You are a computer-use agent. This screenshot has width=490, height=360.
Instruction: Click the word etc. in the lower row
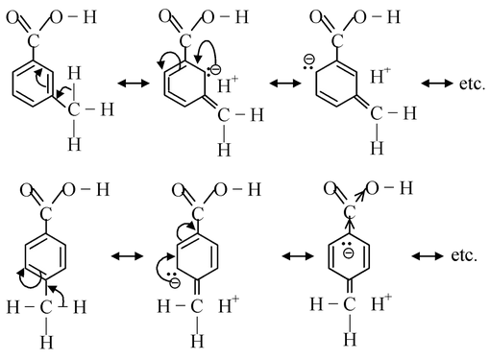[464, 256]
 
